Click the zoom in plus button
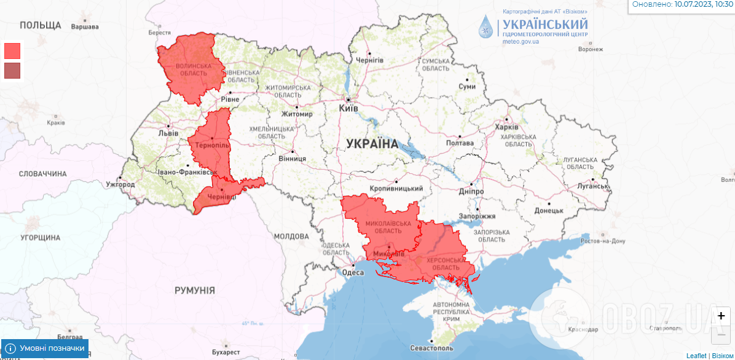[721, 315]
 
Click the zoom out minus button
[721, 334]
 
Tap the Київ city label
[348, 108]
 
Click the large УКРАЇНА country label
[372, 144]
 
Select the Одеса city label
[353, 273]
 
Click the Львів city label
[168, 133]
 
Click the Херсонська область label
[439, 264]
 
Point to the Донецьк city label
[548, 210]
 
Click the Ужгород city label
[120, 184]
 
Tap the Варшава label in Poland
[85, 27]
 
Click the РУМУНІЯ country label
[194, 290]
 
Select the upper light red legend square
[12, 50]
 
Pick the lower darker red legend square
[12, 71]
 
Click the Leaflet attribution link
[696, 356]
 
